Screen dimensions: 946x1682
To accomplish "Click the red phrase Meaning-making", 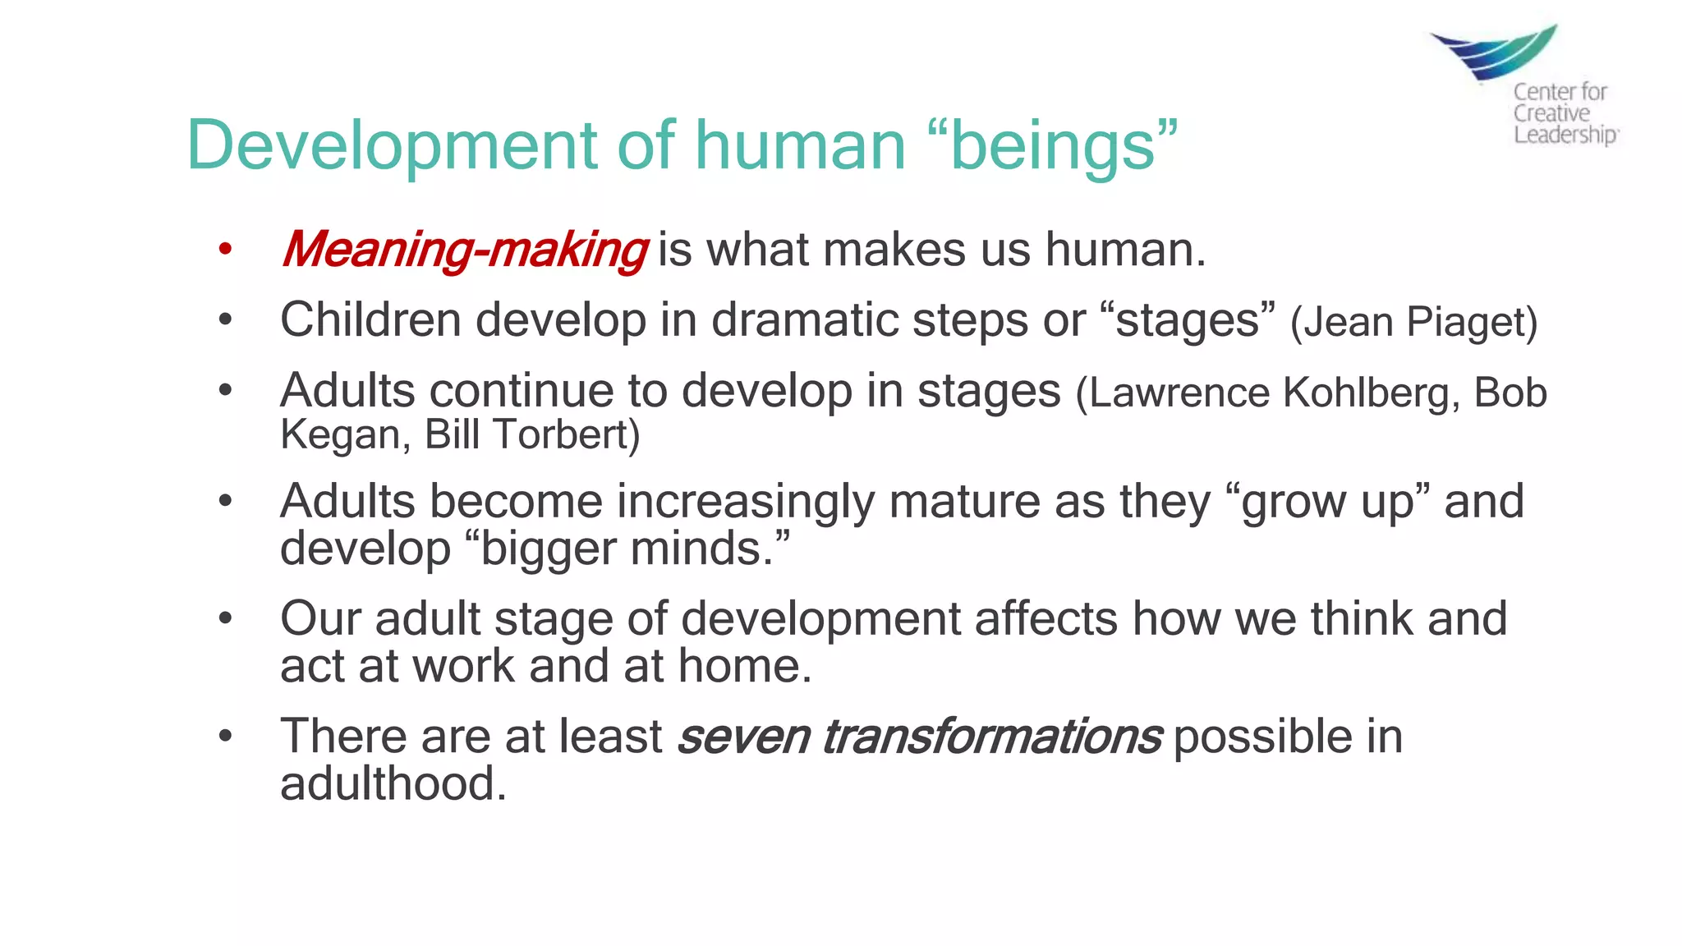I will (x=465, y=250).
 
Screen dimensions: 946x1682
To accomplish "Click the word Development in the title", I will (x=394, y=145).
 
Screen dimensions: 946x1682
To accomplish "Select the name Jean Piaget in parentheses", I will (x=1413, y=322).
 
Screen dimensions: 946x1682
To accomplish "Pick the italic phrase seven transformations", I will (x=919, y=736).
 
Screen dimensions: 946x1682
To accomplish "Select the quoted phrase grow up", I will (x=1327, y=501).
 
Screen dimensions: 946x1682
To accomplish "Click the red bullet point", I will (x=226, y=249).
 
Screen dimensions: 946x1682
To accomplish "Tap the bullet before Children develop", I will (x=226, y=319).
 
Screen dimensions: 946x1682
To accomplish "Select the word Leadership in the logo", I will (x=1565, y=134).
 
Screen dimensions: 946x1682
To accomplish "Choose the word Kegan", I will (x=339, y=434).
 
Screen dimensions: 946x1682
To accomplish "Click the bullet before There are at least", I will (x=226, y=736).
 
